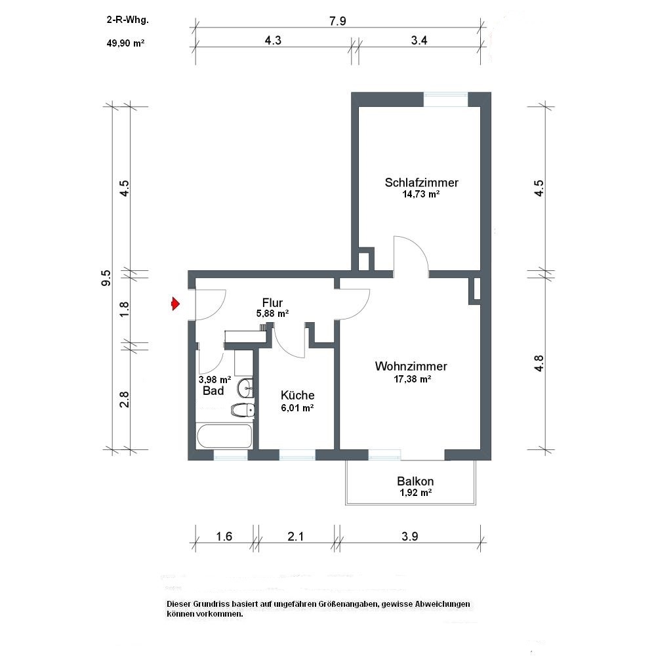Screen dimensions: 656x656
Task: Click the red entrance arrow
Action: click(x=176, y=304)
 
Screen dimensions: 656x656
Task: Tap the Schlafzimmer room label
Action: click(x=421, y=182)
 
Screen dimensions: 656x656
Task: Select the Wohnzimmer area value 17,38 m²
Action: click(x=413, y=379)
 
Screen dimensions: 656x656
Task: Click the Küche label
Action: click(x=297, y=396)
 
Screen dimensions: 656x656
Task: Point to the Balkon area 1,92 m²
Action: click(x=416, y=493)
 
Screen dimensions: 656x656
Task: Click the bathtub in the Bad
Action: click(x=224, y=437)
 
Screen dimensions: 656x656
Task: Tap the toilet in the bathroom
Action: click(x=243, y=411)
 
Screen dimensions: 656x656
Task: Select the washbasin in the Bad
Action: click(x=245, y=388)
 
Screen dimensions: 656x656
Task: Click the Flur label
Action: click(x=272, y=302)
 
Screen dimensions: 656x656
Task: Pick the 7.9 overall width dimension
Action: click(x=338, y=21)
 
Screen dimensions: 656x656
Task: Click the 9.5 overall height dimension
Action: click(x=106, y=277)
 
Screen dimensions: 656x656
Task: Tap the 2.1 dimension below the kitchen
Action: click(x=296, y=536)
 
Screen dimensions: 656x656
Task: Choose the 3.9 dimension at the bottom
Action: click(x=409, y=536)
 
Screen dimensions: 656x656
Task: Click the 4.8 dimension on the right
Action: click(x=539, y=363)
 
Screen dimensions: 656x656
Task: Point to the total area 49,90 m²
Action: click(x=125, y=43)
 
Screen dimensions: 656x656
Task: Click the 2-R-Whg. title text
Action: click(x=128, y=20)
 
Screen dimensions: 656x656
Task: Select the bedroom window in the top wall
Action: click(x=445, y=100)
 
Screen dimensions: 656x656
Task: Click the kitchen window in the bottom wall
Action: click(x=297, y=455)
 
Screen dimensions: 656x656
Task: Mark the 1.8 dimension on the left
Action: click(x=124, y=309)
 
